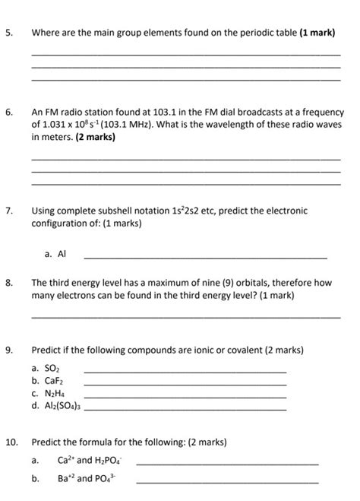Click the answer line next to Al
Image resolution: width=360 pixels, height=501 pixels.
205,258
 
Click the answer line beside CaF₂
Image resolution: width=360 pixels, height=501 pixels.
185,384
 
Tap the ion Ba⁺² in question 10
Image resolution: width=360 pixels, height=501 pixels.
65,479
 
